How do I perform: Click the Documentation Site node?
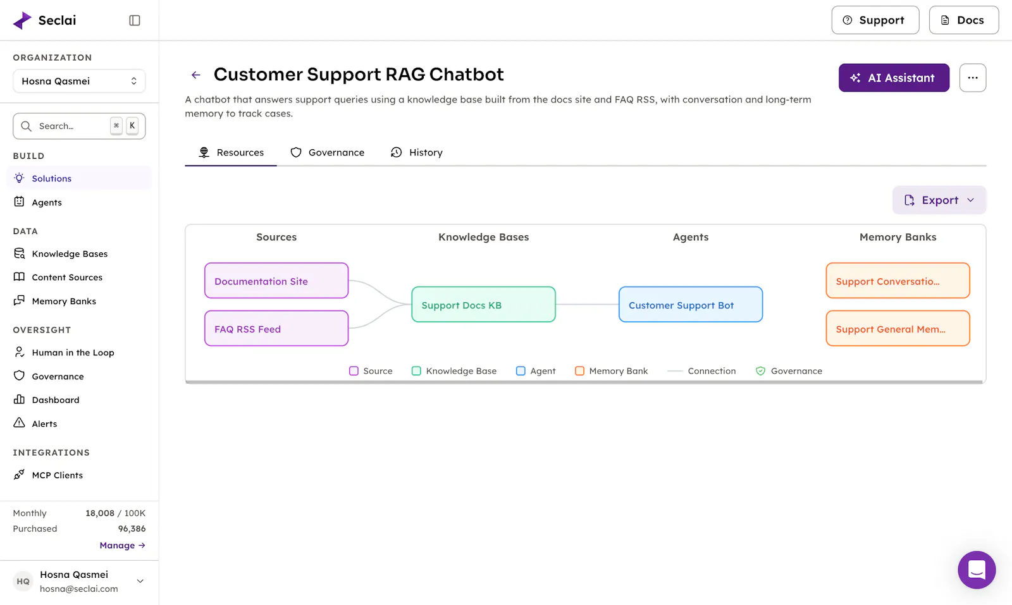(x=276, y=281)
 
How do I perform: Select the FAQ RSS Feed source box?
(x=276, y=328)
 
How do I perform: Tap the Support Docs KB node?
(x=483, y=304)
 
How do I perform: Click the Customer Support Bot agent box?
(x=690, y=304)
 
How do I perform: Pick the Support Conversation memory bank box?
(x=898, y=281)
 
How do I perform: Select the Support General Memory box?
(x=898, y=328)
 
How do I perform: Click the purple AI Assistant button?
(x=894, y=78)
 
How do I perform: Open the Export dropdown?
(x=939, y=200)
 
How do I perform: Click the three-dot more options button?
(x=973, y=78)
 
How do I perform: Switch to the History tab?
(x=417, y=152)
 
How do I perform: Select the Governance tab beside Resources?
(x=327, y=152)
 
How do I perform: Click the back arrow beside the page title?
(x=195, y=75)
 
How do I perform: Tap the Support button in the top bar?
(x=875, y=20)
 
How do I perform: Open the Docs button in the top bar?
(x=964, y=20)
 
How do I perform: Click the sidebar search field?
(x=79, y=126)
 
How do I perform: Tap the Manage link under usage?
(x=123, y=546)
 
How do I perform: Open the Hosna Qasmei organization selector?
(x=79, y=81)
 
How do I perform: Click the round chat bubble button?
(x=977, y=570)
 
